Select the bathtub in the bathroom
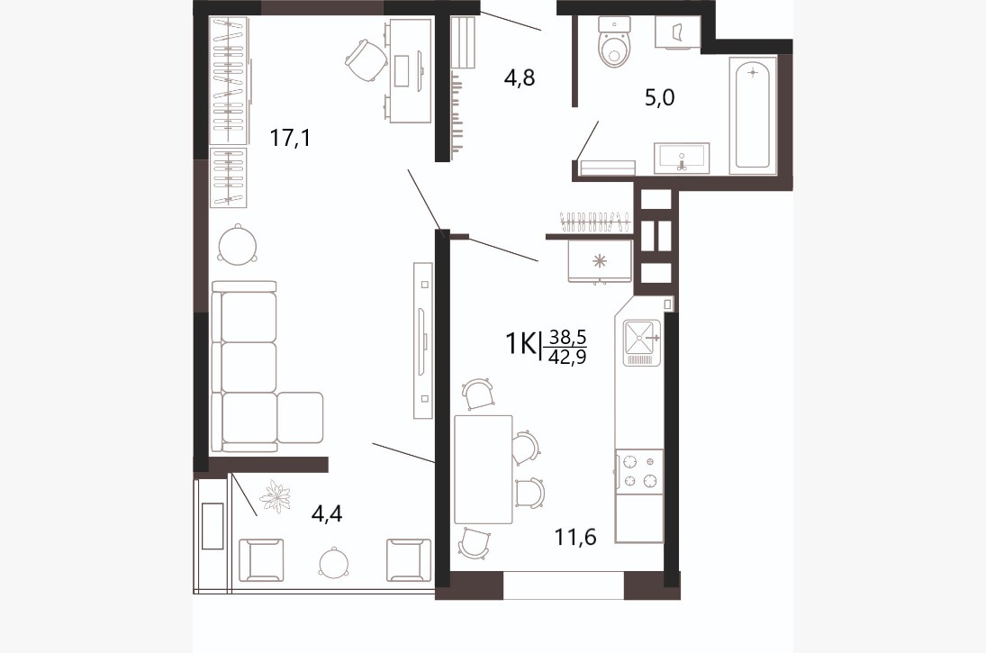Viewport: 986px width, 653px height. tap(753, 114)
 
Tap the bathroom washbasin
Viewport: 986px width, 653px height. tap(682, 158)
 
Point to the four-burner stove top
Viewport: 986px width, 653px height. tap(639, 471)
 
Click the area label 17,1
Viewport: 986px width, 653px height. tap(290, 137)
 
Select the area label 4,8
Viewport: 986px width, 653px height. tap(520, 77)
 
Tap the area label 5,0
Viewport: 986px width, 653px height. tap(660, 98)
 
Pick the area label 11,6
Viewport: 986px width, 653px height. tap(574, 537)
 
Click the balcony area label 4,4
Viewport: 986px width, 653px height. tap(327, 514)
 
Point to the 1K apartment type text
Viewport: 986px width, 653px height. tap(520, 344)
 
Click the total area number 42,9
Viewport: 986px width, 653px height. tap(567, 358)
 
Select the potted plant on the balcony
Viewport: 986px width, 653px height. tap(276, 496)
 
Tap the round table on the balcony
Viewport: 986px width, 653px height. tap(332, 562)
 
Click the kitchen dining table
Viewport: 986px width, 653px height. tap(483, 469)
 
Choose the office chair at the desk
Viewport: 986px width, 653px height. tap(366, 59)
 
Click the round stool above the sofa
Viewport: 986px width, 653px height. tap(237, 244)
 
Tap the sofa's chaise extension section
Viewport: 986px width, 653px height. tap(300, 418)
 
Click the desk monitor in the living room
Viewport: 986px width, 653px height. tap(402, 73)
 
